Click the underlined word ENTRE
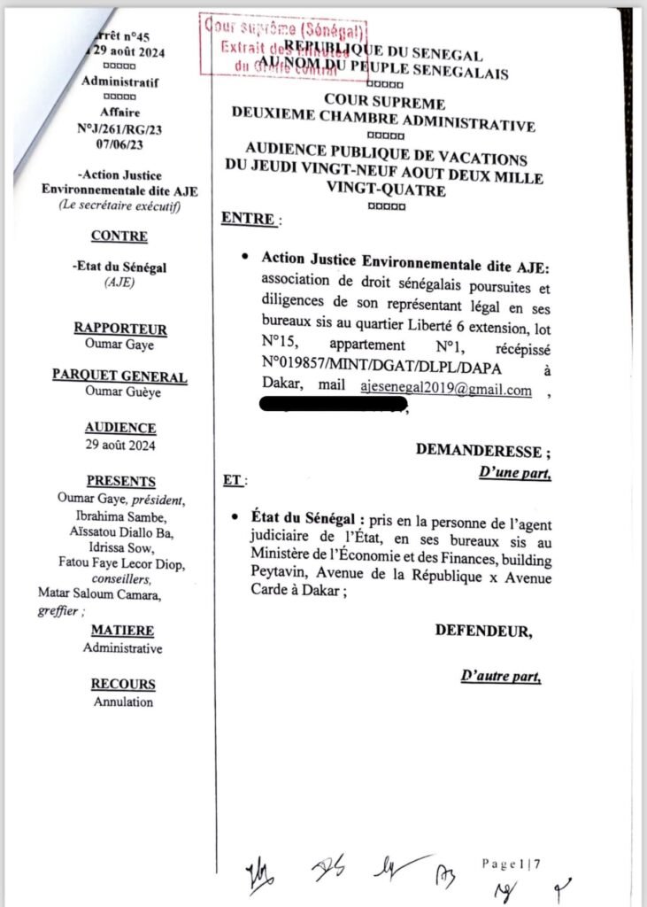[x=248, y=219]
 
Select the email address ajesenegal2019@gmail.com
[x=445, y=390]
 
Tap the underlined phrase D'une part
[x=514, y=473]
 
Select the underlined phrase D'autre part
[x=500, y=677]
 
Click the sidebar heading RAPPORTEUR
[x=119, y=329]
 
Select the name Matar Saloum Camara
[x=98, y=593]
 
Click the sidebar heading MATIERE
[x=122, y=631]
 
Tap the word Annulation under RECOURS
[x=123, y=702]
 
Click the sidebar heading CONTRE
[x=119, y=237]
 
